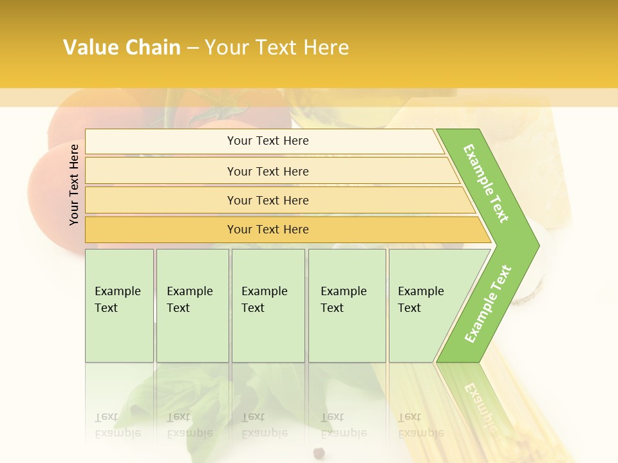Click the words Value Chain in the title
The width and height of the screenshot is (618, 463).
point(122,48)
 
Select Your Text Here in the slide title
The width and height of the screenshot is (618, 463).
point(277,48)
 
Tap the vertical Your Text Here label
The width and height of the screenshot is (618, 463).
point(74,185)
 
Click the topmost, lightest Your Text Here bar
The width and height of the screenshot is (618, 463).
point(268,141)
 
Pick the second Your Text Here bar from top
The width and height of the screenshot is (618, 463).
point(268,171)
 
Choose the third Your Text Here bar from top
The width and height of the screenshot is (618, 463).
point(268,200)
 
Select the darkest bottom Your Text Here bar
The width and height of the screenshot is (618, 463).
point(268,230)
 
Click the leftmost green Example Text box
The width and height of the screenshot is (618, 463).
point(119,305)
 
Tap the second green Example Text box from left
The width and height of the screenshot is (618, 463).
point(192,305)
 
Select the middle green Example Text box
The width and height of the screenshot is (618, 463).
point(268,305)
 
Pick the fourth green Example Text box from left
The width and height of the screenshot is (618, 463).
point(347,305)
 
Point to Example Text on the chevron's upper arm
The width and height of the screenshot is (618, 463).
point(486,183)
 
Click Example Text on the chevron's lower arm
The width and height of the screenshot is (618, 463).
point(488,304)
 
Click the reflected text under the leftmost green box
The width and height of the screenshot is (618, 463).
point(118,425)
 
